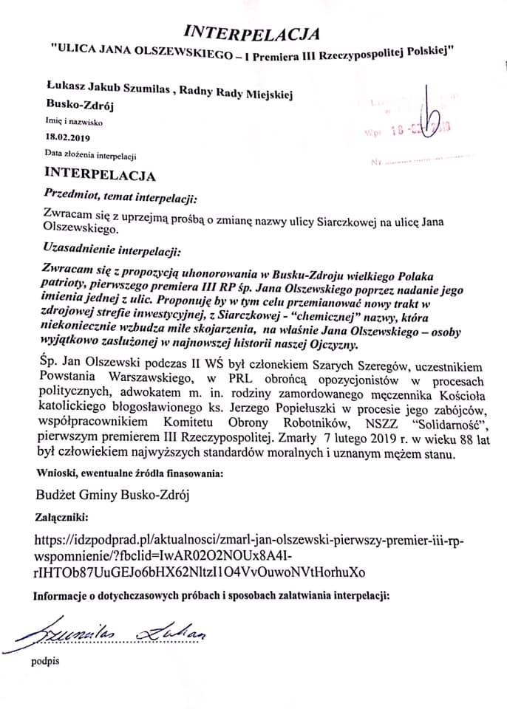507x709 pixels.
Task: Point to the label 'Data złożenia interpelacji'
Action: coord(90,155)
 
